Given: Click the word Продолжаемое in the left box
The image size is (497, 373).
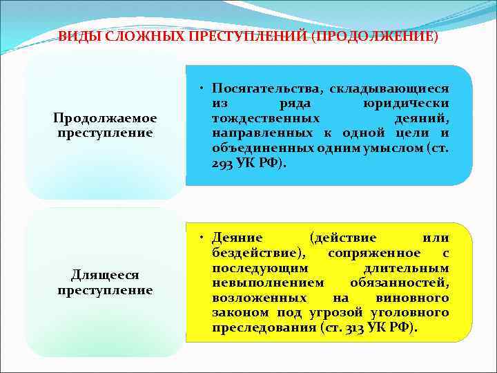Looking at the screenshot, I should click(105, 118).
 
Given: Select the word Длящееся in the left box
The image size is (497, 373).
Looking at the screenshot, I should click(105, 276).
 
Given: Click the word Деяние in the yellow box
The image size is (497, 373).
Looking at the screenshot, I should click(237, 238).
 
